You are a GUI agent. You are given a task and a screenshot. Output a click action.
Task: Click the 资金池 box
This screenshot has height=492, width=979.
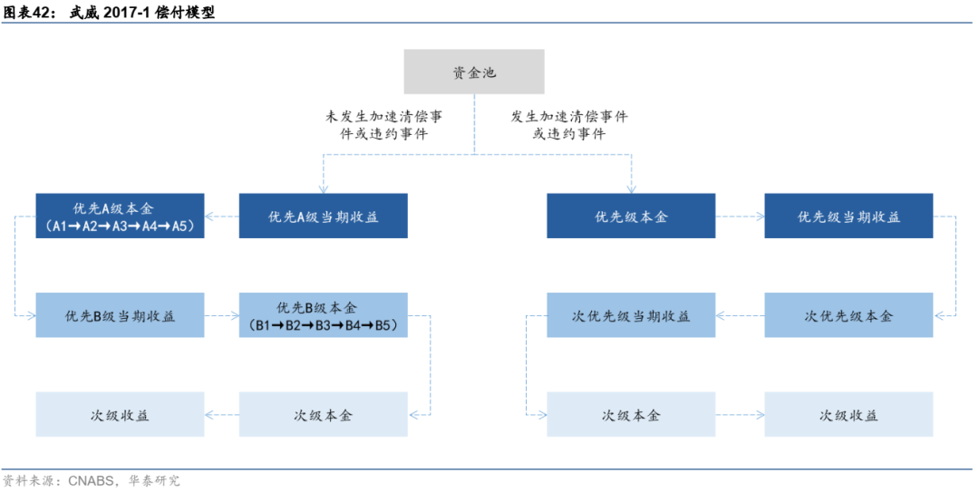474,72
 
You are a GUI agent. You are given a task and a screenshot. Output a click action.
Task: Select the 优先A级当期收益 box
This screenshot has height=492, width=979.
323,217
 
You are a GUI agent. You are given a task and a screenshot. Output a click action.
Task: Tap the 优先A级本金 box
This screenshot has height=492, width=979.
120,217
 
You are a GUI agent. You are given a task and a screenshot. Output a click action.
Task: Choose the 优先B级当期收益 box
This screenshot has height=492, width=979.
120,316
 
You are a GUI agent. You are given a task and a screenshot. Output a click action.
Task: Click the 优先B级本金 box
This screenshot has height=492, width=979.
323,316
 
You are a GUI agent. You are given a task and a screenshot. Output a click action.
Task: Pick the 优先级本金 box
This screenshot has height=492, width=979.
631,217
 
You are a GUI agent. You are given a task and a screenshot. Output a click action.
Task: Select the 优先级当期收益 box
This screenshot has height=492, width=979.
848,217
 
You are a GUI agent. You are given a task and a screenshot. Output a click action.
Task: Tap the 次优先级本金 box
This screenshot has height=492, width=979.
848,316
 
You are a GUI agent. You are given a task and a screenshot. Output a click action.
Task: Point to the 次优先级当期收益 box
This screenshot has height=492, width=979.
631,316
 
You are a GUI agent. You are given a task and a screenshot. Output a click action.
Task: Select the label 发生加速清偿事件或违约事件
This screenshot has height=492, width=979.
569,125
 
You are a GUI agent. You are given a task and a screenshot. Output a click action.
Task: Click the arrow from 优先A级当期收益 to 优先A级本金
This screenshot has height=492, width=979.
222,217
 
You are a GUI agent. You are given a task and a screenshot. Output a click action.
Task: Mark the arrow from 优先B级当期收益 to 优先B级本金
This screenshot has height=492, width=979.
222,316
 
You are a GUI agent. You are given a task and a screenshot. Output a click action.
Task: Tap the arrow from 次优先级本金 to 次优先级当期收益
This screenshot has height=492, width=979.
740,316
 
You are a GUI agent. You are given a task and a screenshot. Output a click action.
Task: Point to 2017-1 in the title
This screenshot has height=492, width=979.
124,14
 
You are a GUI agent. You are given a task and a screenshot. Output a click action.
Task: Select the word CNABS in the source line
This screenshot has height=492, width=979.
90,480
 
